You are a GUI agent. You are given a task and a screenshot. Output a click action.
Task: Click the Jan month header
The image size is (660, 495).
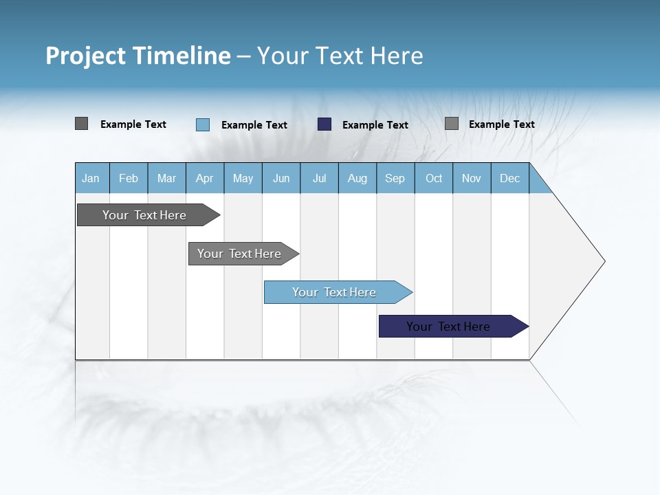coord(91,178)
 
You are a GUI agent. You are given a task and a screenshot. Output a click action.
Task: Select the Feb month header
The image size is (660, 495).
coord(129,178)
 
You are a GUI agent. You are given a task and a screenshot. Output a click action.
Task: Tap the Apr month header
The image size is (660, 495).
coord(205,178)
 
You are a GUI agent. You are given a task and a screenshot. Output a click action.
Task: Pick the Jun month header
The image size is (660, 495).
coord(281,178)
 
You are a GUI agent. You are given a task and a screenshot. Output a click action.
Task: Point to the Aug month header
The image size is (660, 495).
coord(357,178)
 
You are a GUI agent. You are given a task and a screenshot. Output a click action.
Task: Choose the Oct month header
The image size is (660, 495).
coord(434,178)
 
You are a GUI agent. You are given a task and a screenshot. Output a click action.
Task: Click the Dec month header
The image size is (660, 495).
coord(510,178)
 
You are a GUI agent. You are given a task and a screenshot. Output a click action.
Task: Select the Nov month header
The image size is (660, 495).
coord(472,178)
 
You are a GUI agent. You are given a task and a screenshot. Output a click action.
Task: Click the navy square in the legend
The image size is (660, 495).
coord(324,124)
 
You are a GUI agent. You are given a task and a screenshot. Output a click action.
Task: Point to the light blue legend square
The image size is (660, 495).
coord(203,124)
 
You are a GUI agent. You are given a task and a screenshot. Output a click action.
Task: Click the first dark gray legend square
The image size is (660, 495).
coord(82,124)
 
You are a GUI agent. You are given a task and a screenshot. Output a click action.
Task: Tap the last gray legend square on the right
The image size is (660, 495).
coord(452,124)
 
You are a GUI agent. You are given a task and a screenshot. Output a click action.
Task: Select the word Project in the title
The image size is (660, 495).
coord(86,56)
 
